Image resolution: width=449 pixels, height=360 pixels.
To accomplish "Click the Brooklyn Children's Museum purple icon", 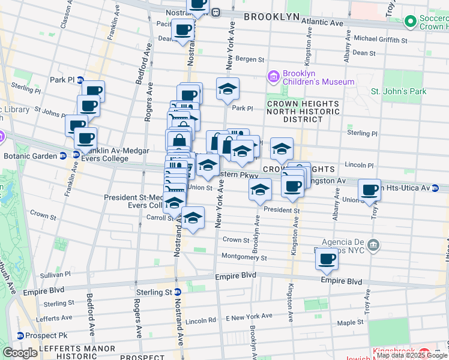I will (x=274, y=76).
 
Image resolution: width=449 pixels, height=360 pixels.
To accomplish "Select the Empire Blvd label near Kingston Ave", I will (x=342, y=281).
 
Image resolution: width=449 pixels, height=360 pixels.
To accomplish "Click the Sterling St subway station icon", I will (x=178, y=292).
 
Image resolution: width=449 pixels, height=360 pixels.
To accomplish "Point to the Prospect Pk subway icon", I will (x=20, y=335).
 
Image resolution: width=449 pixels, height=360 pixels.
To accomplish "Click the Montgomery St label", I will (x=244, y=257).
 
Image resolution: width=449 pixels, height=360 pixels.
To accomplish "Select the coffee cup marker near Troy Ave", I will (x=369, y=190).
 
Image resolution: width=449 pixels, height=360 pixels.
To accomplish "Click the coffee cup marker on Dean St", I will (x=182, y=29).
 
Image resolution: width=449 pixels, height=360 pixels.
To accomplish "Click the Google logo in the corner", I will (x=20, y=353).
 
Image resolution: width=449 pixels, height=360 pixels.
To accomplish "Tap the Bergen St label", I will (x=249, y=59).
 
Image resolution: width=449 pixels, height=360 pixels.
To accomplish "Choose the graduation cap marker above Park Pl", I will (x=228, y=89).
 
